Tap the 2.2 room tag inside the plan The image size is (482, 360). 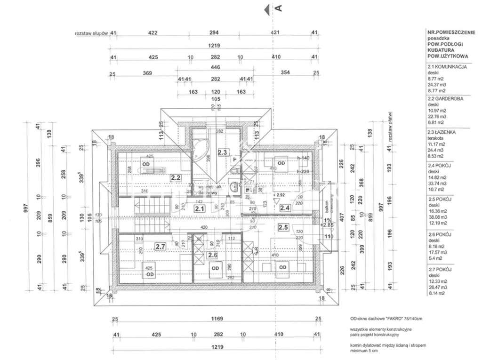(x=176, y=178)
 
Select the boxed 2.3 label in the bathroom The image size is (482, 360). (x=222, y=152)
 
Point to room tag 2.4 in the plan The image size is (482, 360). (x=285, y=207)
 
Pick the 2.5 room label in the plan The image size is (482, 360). (x=283, y=228)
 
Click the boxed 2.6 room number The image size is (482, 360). (x=213, y=255)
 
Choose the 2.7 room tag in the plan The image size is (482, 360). (x=161, y=245)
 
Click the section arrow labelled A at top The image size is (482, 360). (x=273, y=8)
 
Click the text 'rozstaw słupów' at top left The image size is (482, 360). (x=92, y=33)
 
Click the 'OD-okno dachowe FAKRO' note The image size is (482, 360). (x=386, y=319)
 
